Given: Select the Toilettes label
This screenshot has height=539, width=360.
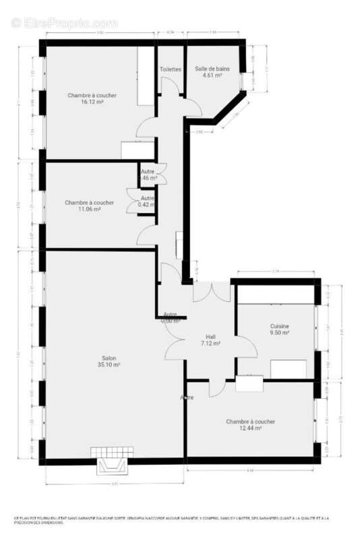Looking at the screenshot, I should pos(170,69).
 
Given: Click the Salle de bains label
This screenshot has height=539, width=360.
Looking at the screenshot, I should pos(212,69).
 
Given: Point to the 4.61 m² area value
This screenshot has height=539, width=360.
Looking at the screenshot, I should pos(212,75).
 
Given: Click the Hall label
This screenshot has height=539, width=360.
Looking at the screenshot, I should pos(211,336).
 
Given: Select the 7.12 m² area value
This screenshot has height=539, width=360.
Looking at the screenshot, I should pos(211,343).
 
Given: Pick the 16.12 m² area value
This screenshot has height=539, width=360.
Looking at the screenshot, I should pos(92,102).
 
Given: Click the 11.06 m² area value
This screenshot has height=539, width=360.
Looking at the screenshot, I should pos(90,210).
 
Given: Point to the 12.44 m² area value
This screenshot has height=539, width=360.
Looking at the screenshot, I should pos(250,429).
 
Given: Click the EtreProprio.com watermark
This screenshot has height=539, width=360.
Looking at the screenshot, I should pos(64,24).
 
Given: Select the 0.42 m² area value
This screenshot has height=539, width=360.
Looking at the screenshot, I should pos(147,204).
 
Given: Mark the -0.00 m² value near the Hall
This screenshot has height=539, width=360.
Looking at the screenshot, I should pos(171,321).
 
